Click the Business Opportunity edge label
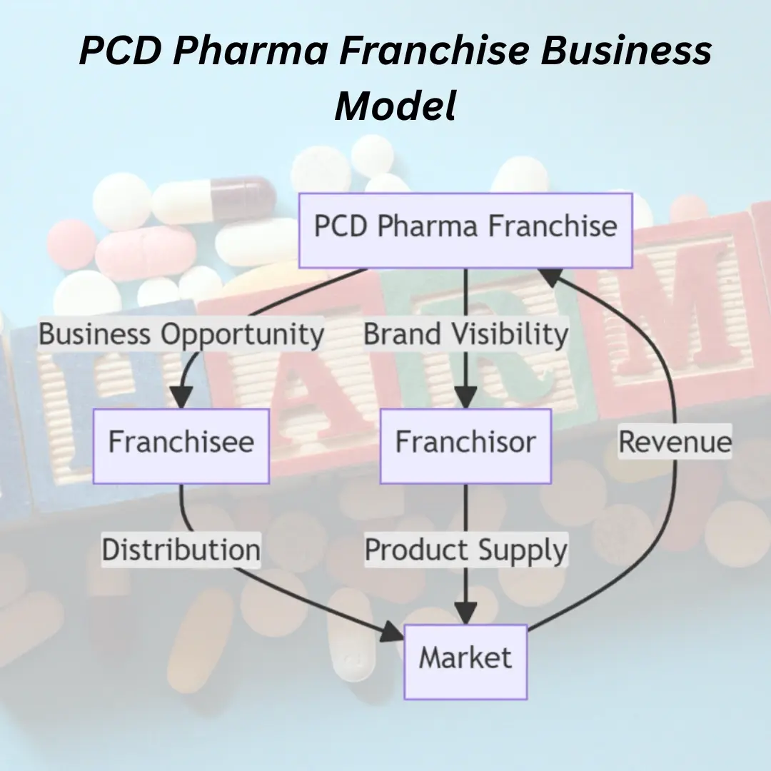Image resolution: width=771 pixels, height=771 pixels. [x=181, y=334]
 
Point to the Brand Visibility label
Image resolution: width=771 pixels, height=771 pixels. [x=465, y=334]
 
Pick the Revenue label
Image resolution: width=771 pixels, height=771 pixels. [x=675, y=442]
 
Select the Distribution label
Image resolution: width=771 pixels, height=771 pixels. [x=181, y=550]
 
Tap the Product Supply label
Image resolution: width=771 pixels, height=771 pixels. [x=465, y=550]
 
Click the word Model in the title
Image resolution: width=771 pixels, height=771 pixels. [x=395, y=106]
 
